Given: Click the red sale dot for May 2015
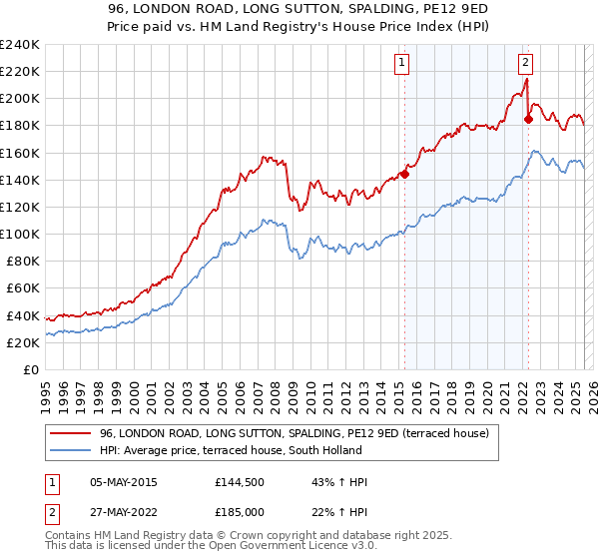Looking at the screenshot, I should [x=405, y=174].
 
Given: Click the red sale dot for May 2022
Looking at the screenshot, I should [x=529, y=119].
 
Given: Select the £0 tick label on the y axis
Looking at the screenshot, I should [x=30, y=369].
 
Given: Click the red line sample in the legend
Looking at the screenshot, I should [x=71, y=433].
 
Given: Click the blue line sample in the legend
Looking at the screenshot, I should [x=71, y=450].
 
